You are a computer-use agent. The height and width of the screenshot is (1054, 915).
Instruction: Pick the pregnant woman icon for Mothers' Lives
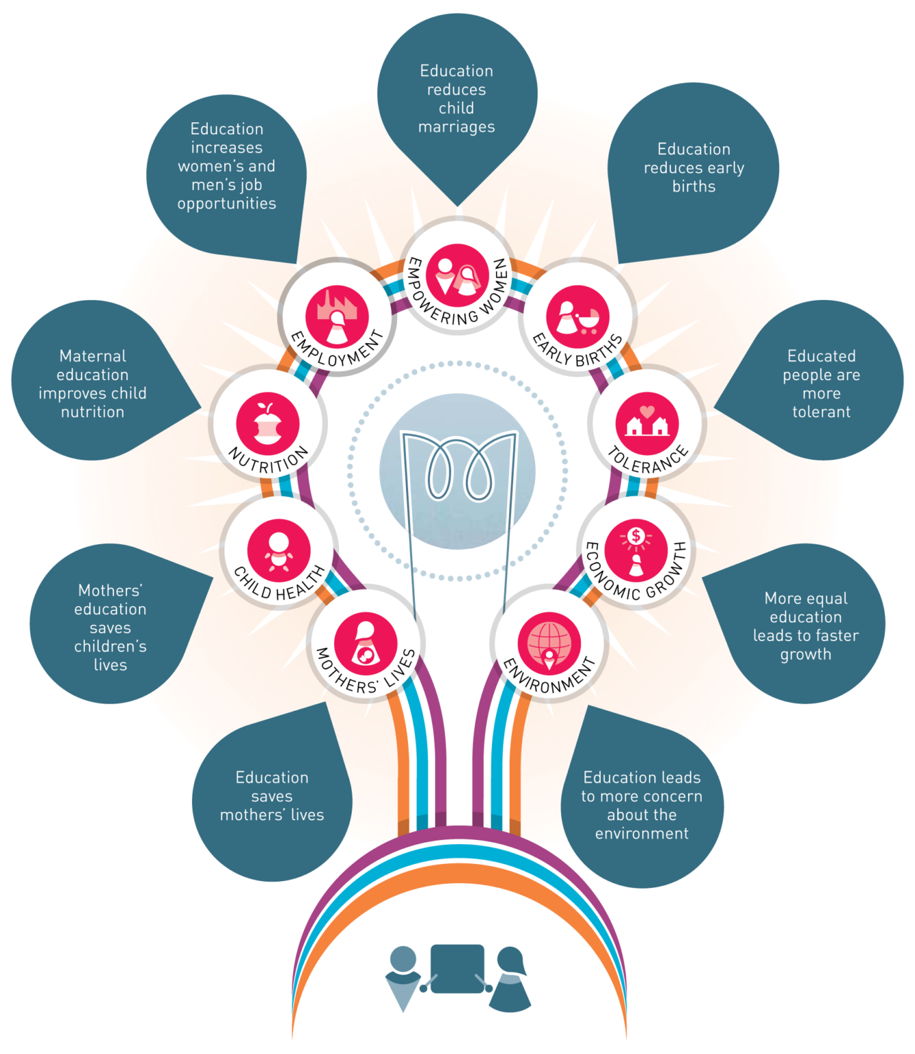pyautogui.click(x=366, y=644)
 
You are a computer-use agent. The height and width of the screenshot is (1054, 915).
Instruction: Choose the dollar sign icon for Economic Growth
pyautogui.click(x=636, y=536)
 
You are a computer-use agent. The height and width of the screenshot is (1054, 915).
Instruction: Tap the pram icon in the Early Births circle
pyautogui.click(x=589, y=320)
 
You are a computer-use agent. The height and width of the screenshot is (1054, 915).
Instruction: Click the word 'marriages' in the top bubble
pyautogui.click(x=456, y=127)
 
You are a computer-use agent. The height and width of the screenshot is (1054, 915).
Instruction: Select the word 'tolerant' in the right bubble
pyautogui.click(x=821, y=412)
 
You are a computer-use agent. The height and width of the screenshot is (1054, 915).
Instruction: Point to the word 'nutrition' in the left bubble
pyautogui.click(x=93, y=412)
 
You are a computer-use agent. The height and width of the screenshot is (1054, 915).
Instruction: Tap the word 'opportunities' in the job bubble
pyautogui.click(x=226, y=204)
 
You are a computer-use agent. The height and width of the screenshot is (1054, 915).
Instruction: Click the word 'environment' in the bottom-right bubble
pyautogui.click(x=641, y=834)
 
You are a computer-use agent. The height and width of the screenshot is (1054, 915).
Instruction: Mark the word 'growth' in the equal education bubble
pyautogui.click(x=805, y=655)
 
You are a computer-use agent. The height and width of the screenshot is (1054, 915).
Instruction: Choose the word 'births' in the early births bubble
pyautogui.click(x=693, y=187)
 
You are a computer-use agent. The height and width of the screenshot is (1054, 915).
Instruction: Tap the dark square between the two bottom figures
pyautogui.click(x=457, y=968)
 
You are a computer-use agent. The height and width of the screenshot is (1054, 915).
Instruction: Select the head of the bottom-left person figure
pyautogui.click(x=403, y=959)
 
